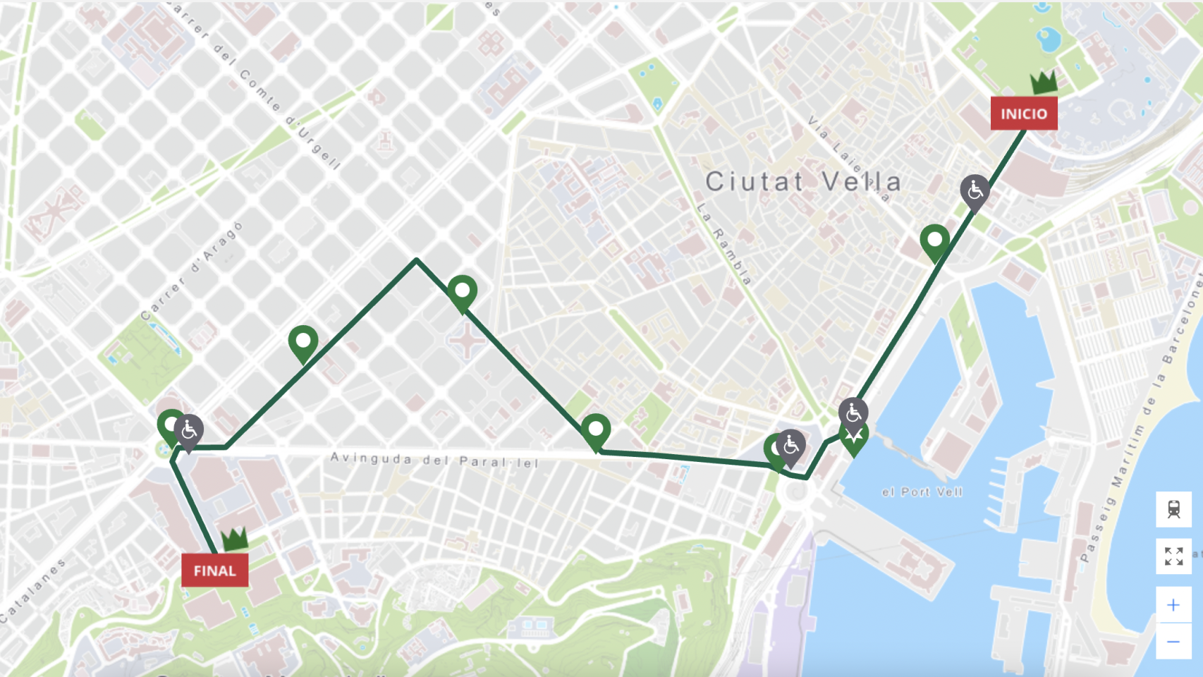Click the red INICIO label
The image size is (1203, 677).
click(x=1023, y=114)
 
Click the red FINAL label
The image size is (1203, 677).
click(x=214, y=571)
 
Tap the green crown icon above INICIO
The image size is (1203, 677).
click(x=1044, y=82)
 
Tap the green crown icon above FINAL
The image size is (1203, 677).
click(x=235, y=539)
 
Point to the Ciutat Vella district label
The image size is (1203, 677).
click(x=803, y=182)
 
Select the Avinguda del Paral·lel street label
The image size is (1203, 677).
click(x=434, y=461)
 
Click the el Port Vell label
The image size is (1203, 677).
click(x=922, y=492)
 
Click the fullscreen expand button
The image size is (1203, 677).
click(x=1173, y=556)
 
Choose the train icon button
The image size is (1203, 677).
click(x=1173, y=509)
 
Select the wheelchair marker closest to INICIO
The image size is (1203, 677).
click(x=975, y=190)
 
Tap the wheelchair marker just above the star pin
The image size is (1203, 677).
click(x=853, y=413)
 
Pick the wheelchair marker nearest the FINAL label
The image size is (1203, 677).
click(x=189, y=430)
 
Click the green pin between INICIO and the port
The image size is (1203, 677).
click(x=934, y=241)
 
